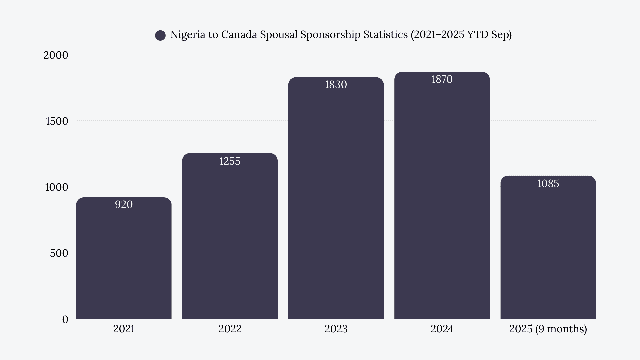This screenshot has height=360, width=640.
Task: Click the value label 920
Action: point(124,204)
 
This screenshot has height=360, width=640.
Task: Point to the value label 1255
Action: point(230,161)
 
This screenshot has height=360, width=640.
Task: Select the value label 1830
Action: point(336,85)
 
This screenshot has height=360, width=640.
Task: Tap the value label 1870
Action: point(442,79)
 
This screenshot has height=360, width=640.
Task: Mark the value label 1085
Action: point(548,184)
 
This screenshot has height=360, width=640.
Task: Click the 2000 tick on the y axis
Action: point(56,55)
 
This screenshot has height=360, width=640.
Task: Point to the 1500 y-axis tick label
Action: point(57,121)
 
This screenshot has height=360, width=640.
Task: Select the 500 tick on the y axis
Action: point(59,253)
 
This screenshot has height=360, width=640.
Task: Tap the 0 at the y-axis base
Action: point(65,319)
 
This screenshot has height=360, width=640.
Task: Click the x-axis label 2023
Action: point(336,329)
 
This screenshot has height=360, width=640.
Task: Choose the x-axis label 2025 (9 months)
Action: point(548,329)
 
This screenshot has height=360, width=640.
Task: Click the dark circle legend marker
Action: point(160,35)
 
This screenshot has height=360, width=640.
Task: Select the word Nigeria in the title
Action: point(188,35)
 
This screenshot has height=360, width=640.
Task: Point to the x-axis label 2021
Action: point(124,329)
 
